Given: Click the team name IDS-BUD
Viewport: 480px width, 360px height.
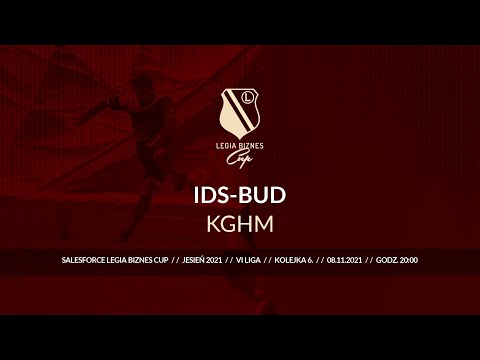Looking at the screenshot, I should click(240, 193).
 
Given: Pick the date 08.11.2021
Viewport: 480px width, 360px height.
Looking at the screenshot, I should click(339, 260).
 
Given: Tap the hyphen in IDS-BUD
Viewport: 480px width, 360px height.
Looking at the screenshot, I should click(238, 194).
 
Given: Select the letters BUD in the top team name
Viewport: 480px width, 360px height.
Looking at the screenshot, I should click(263, 193).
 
